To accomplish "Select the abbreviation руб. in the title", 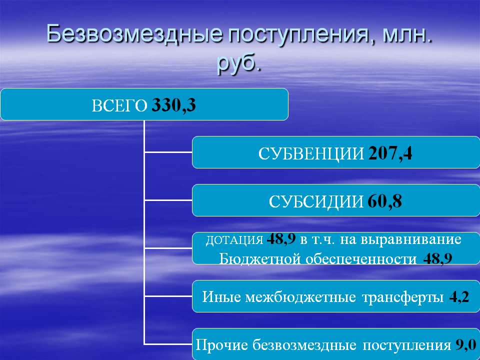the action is (x=239, y=63).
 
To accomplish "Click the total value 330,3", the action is (x=173, y=105).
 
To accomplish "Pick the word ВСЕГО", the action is (x=119, y=106).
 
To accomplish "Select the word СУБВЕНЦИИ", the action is (x=311, y=153).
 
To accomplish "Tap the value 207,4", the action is (x=390, y=153).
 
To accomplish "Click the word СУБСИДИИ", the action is (x=316, y=201).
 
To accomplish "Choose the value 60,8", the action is (x=384, y=201).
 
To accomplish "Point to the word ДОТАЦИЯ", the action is (x=234, y=240).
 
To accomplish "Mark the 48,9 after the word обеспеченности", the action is (x=438, y=259).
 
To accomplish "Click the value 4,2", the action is (x=459, y=297).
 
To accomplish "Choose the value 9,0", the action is (x=466, y=344).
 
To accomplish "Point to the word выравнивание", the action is (x=410, y=239).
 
